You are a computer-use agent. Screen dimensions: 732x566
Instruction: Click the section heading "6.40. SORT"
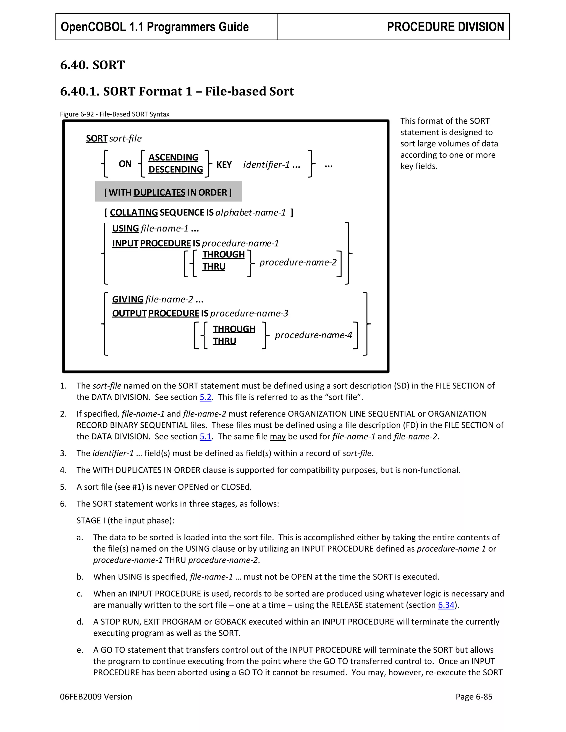(x=92, y=65)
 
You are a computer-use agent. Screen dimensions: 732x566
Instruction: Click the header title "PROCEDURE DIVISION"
(x=445, y=27)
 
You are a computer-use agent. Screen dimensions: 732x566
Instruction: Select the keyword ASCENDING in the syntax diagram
(x=173, y=157)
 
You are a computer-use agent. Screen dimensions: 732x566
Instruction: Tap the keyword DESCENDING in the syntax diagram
(x=175, y=169)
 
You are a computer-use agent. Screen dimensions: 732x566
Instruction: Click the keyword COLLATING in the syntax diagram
(x=134, y=212)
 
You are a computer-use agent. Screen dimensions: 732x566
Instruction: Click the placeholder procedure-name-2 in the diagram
(x=298, y=262)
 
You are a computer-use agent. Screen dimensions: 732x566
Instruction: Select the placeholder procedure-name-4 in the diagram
(x=313, y=335)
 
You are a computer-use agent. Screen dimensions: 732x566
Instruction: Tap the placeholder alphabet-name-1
(x=250, y=212)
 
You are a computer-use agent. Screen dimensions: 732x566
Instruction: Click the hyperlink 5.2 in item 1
(x=206, y=397)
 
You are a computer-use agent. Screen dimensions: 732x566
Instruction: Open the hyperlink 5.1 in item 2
(x=206, y=436)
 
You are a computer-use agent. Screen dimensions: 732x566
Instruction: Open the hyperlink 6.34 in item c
(x=446, y=605)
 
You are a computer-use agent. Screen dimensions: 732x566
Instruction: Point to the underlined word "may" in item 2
(x=278, y=436)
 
